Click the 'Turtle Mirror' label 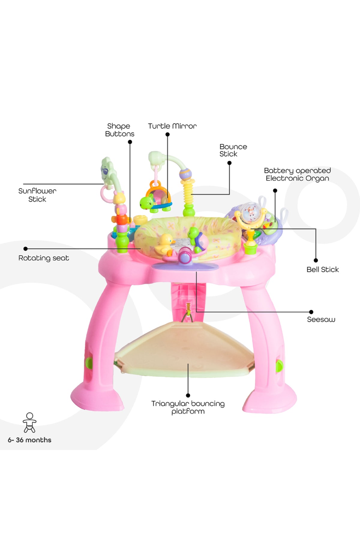(172, 126)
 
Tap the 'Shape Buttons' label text (119, 130)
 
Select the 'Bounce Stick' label (233, 150)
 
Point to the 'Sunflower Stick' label (37, 195)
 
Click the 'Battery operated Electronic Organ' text (297, 175)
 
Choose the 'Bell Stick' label (322, 269)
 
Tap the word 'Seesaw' (321, 319)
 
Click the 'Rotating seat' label (44, 258)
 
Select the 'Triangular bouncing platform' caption (188, 407)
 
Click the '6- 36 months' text (29, 440)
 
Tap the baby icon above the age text (29, 422)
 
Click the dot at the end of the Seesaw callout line (311, 312)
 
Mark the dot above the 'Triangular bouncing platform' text (188, 395)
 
